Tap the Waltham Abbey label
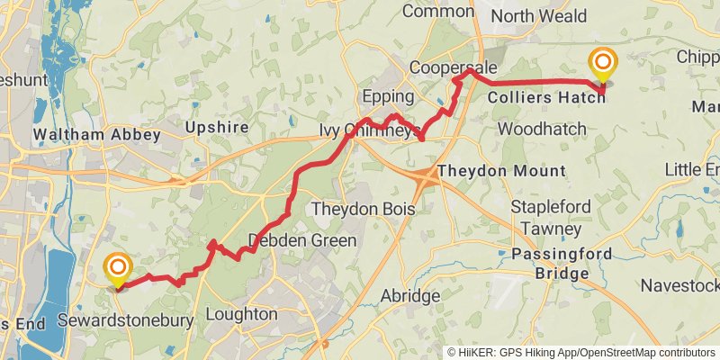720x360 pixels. [96, 136]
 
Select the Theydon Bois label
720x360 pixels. [363, 209]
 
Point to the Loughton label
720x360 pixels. [241, 314]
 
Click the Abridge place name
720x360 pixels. [410, 295]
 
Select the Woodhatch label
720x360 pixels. [541, 129]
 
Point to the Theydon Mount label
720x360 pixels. [501, 171]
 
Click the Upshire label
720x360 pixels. [216, 127]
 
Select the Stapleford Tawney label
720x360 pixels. [551, 218]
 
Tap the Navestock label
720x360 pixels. [680, 286]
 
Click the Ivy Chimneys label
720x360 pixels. [370, 130]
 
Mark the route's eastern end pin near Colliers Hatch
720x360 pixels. [602, 66]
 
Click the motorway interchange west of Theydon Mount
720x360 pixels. [427, 177]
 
